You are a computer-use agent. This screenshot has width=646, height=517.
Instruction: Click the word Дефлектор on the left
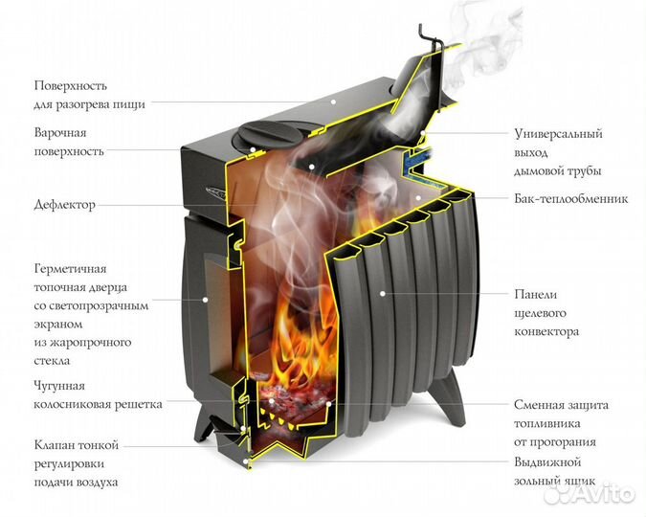click(64, 205)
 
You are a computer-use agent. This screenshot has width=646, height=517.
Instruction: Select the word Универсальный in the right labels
click(559, 134)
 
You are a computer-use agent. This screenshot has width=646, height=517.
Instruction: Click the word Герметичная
click(70, 269)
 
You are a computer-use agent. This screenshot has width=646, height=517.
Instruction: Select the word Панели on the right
click(534, 295)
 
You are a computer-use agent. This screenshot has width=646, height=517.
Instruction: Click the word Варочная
click(60, 132)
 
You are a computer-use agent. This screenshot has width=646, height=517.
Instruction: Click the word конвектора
click(546, 332)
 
